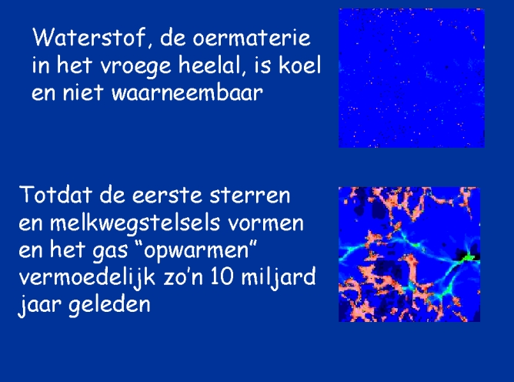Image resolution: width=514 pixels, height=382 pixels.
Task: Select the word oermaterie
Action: pyautogui.click(x=251, y=38)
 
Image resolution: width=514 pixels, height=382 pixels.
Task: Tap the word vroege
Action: pyautogui.click(x=135, y=66)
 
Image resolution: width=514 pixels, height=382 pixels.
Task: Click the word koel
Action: pyautogui.click(x=299, y=65)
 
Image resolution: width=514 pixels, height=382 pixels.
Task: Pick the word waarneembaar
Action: pyautogui.click(x=187, y=92)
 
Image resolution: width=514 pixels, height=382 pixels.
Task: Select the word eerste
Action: pyautogui.click(x=167, y=196)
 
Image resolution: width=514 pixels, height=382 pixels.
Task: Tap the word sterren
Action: pyautogui.click(x=250, y=196)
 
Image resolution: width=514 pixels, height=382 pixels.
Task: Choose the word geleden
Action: pyautogui.click(x=109, y=304)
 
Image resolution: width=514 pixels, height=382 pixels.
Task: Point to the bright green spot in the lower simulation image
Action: pyautogui.click(x=468, y=257)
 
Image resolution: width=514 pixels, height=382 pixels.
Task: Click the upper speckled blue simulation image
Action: pyautogui.click(x=412, y=78)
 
